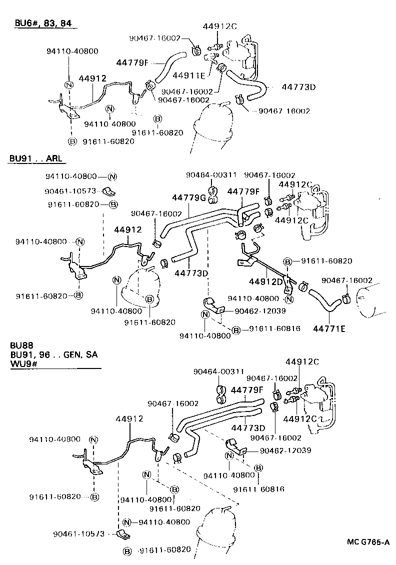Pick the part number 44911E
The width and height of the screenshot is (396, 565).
click(x=189, y=75)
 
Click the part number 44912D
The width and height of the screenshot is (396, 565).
click(x=265, y=281)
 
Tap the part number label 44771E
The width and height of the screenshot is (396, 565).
click(x=330, y=328)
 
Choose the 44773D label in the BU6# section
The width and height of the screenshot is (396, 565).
click(x=298, y=87)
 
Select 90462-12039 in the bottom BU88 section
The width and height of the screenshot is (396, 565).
click(x=285, y=450)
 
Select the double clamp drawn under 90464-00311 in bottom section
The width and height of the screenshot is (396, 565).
click(x=219, y=393)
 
